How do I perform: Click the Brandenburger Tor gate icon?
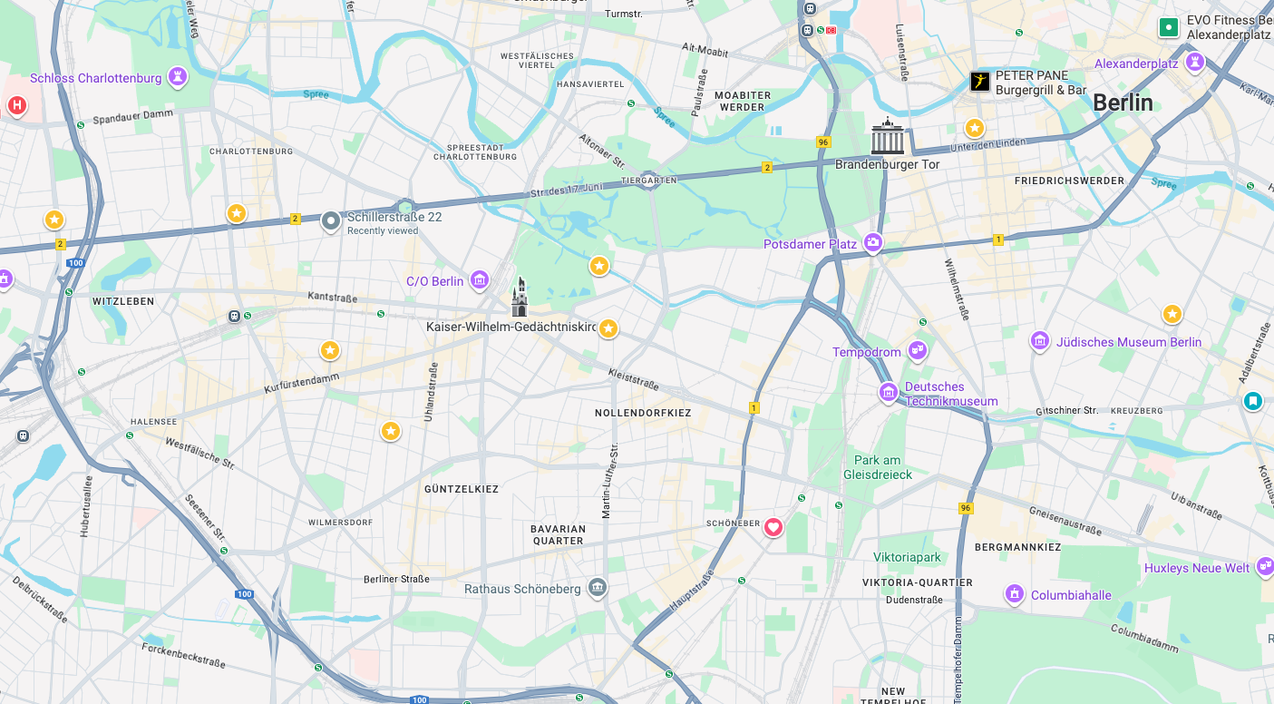888,137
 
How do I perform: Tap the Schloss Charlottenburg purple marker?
178,78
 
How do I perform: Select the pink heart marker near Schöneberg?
773,527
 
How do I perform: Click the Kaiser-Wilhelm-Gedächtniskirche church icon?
520,298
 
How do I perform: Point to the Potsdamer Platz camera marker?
873,242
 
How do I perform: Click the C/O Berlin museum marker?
480,280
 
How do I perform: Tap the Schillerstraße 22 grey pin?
331,220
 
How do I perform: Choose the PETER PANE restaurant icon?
980,82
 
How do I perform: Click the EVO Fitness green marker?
1169,27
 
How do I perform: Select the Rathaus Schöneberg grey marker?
597,588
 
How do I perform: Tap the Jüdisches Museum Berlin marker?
1040,342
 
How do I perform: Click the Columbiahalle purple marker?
1015,595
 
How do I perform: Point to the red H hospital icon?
16,106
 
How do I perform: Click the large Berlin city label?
1123,103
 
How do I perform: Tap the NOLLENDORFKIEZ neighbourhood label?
643,413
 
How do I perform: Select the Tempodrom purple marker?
918,350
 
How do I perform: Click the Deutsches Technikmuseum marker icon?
889,393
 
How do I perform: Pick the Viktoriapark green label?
907,557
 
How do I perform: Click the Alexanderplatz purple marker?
1195,63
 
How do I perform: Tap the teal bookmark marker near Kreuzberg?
1252,400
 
